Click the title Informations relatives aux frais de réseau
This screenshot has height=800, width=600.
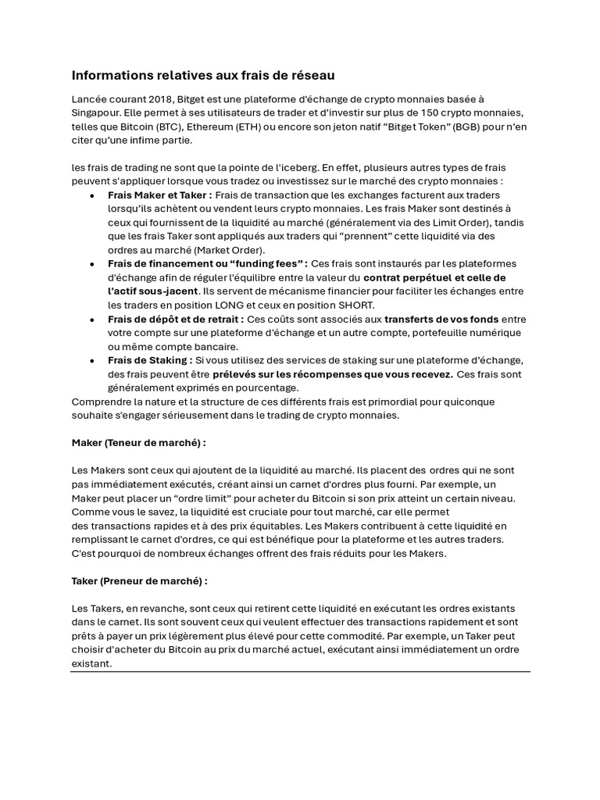tap(203, 76)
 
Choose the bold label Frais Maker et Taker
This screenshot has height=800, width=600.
tap(159, 195)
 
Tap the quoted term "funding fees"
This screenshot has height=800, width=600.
tap(262, 264)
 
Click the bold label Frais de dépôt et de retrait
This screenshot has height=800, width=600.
tap(176, 320)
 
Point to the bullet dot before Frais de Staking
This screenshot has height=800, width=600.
tap(93, 361)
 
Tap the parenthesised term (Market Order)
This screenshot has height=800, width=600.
tap(229, 250)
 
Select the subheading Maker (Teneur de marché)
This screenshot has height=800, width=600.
tap(138, 442)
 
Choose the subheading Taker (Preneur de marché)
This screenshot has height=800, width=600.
tap(139, 581)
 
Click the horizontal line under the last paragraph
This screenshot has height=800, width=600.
tap(300, 672)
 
